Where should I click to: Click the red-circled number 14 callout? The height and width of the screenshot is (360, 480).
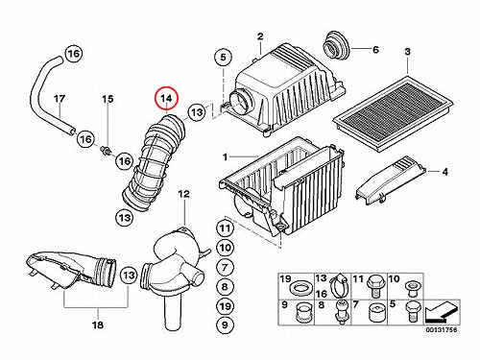166,98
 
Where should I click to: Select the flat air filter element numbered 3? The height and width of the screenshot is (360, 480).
394,112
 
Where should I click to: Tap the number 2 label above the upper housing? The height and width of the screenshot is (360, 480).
260,36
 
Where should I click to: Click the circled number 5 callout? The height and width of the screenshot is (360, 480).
223,58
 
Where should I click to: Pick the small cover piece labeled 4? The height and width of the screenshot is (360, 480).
391,180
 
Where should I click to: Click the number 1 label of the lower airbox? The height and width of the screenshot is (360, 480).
226,156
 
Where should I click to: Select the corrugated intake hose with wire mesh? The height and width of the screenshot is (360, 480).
154,162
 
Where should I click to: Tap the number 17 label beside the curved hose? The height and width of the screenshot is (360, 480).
60,99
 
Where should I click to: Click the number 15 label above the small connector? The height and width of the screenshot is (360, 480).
108,99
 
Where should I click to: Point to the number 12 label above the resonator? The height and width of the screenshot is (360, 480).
183,194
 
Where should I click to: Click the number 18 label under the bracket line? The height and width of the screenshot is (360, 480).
98,324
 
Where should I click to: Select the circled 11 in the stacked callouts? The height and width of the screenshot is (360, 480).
225,228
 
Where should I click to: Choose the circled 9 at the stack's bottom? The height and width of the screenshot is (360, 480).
225,324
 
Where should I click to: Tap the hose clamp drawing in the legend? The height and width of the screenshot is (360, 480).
339,285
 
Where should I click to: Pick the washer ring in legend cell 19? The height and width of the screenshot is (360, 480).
300,288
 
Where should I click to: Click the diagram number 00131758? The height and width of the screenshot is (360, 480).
442,329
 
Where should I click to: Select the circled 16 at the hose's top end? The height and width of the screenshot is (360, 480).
74,53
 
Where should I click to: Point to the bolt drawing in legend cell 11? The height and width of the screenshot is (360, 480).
374,285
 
